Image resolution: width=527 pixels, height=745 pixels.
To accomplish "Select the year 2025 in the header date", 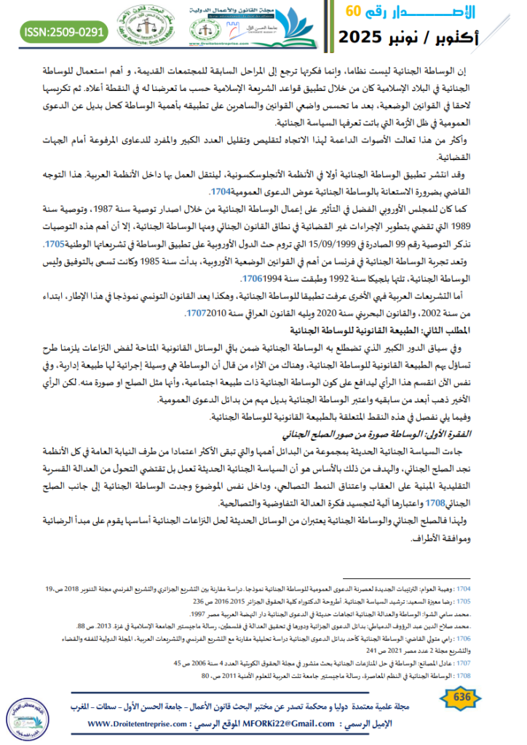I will pos(369,36).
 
